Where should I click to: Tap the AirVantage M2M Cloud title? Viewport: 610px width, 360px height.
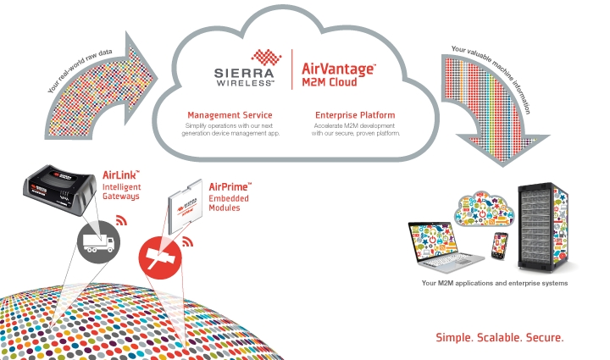(x=338, y=75)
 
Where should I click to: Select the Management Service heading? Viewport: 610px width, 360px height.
(x=230, y=115)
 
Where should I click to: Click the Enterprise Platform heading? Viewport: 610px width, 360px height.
(x=355, y=115)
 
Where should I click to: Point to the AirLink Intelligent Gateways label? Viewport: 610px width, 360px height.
(x=121, y=186)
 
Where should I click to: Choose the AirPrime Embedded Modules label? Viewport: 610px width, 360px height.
(x=230, y=197)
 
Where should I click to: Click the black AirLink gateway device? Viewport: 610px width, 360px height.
(x=59, y=190)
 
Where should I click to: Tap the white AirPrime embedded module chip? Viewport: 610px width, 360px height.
(x=186, y=207)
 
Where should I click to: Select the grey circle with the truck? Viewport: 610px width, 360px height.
(x=98, y=241)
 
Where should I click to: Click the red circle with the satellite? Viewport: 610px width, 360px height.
(x=160, y=258)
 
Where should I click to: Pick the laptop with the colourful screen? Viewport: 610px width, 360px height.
(x=446, y=247)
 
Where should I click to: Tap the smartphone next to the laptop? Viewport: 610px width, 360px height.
(x=500, y=246)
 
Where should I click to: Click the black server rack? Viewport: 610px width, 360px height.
(x=543, y=227)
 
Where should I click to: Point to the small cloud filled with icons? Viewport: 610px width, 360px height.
(x=484, y=208)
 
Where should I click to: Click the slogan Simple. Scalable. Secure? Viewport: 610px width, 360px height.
(x=500, y=337)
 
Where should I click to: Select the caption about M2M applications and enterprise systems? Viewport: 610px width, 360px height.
(x=495, y=283)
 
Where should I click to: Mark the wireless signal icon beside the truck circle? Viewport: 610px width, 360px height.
(x=121, y=220)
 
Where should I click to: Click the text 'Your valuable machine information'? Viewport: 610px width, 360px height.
(x=492, y=78)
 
